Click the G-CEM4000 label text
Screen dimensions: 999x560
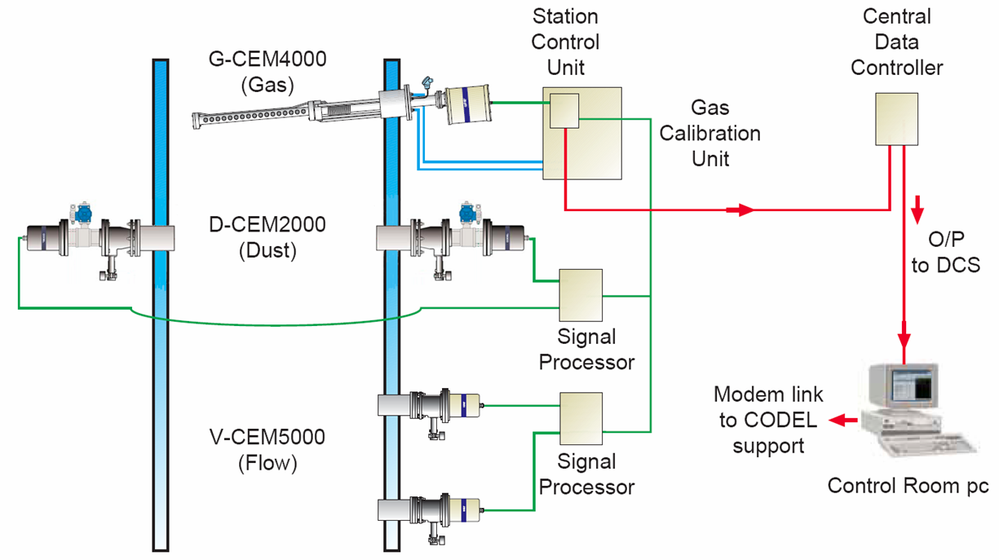267,60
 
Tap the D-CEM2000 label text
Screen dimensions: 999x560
267,225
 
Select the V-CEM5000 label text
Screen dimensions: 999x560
267,437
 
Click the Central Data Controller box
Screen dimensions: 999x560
896,119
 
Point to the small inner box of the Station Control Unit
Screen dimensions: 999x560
564,111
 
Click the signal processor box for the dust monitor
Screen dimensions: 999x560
581,295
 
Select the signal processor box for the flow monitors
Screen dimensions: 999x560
581,419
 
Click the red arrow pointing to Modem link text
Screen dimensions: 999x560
843,420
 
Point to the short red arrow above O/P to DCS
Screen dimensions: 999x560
917,209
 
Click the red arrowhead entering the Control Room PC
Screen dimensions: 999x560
904,341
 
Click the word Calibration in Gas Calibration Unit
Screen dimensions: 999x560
710,134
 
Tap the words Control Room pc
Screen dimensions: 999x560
908,486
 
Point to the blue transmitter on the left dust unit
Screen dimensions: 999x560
83,214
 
